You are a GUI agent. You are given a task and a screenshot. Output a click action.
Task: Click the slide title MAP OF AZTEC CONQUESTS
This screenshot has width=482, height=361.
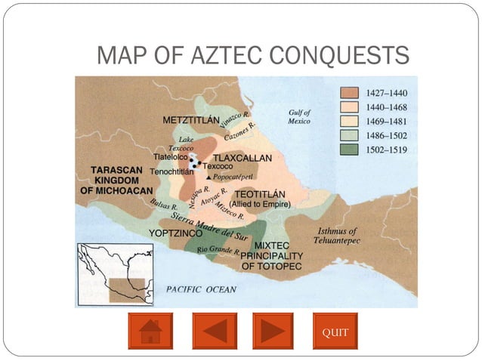253,55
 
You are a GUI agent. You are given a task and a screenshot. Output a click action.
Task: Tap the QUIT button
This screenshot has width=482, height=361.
335,331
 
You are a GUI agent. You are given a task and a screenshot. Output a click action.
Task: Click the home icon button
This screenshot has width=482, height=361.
150,331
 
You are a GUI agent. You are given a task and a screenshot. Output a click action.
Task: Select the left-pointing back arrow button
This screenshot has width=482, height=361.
214,331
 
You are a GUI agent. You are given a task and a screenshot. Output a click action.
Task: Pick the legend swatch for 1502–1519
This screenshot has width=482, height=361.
349,150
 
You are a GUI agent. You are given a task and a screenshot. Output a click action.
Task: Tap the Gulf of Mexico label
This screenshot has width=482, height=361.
298,117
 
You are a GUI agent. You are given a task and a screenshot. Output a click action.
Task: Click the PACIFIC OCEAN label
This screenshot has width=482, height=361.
201,289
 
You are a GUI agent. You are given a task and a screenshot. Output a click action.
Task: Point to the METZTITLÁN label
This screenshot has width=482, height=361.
192,120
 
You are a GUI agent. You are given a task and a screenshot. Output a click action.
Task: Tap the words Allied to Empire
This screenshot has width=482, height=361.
265,204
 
